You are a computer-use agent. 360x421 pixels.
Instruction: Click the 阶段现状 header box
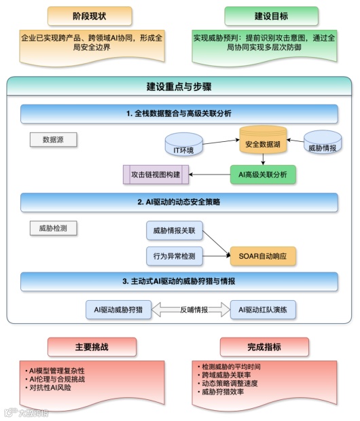click(x=90, y=16)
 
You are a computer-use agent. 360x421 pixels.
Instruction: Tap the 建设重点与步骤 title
click(x=179, y=87)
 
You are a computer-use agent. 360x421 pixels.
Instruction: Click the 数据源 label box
click(x=54, y=140)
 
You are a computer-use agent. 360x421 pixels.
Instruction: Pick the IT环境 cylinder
click(x=185, y=146)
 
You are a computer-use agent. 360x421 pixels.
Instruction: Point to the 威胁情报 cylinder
click(x=322, y=143)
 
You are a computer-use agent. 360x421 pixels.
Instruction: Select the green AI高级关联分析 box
click(x=264, y=175)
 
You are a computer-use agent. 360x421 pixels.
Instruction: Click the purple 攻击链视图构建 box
click(x=156, y=175)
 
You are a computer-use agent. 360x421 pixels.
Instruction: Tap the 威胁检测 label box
click(x=54, y=228)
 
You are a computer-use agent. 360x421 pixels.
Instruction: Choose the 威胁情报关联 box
click(x=175, y=231)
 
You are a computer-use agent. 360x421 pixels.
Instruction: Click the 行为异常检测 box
click(x=175, y=256)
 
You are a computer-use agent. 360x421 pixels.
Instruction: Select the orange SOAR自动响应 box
click(x=264, y=256)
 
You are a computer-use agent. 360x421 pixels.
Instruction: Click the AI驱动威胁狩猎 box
click(x=118, y=310)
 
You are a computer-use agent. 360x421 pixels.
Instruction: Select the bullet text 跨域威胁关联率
click(x=223, y=375)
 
